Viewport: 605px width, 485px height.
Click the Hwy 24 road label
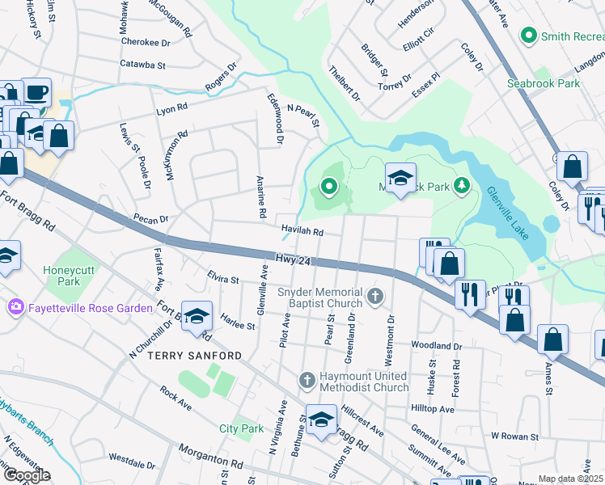point(292,260)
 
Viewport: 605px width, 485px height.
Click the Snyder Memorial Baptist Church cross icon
point(374,297)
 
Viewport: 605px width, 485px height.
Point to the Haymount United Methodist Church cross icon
point(307,380)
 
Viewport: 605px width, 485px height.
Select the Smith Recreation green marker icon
point(529,36)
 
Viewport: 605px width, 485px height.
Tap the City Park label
point(242,428)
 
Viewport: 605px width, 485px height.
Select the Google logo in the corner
point(26,475)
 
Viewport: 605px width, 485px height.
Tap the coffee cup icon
point(36,92)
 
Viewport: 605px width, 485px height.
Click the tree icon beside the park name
point(461,187)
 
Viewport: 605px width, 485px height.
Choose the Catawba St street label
point(142,64)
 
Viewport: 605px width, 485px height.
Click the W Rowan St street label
point(515,435)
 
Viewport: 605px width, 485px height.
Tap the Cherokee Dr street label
point(146,42)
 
